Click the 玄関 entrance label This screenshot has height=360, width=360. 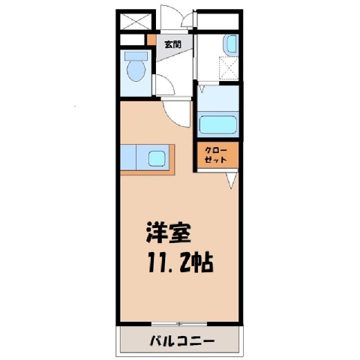coord(172,44)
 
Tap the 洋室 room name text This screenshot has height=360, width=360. coord(169,232)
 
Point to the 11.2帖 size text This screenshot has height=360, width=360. coord(181,262)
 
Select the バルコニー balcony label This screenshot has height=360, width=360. coord(182,341)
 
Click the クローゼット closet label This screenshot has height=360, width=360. coord(216,155)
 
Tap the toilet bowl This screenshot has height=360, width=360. coord(136,70)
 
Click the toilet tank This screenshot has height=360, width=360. coord(136,56)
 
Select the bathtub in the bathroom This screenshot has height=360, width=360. coord(217,124)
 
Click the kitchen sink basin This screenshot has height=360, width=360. coord(157,158)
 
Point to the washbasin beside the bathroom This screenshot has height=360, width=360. coord(231,43)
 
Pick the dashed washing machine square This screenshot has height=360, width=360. coord(229,67)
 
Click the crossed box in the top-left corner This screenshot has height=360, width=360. coord(136,22)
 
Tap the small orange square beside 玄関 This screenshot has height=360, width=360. coord(151,39)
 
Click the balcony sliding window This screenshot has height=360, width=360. coord(179,324)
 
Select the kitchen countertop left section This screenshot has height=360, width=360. coord(128,157)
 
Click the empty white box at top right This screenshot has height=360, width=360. coord(217,22)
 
